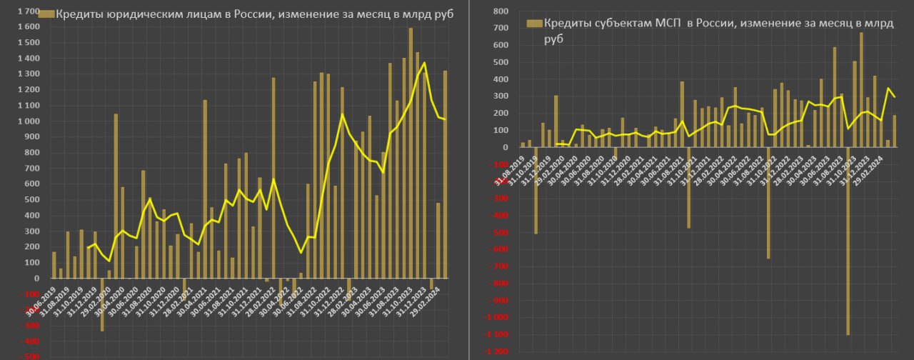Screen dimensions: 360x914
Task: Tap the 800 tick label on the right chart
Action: pos(500,11)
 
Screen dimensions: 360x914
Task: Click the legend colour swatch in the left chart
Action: pos(46,14)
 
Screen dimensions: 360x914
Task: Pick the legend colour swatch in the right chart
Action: pos(534,24)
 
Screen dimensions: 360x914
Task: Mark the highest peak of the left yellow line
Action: pos(425,63)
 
